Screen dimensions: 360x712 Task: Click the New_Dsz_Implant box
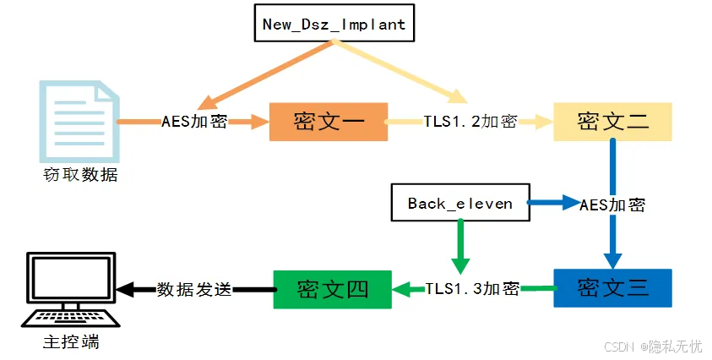pyautogui.click(x=334, y=24)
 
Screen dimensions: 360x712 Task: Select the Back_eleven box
pyautogui.click(x=459, y=203)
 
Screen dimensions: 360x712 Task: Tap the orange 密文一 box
pyautogui.click(x=329, y=122)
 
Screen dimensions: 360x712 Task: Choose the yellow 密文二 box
pyautogui.click(x=612, y=122)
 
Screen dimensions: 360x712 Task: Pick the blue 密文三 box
pyautogui.click(x=612, y=287)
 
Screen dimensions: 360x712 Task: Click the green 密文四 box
pyautogui.click(x=332, y=288)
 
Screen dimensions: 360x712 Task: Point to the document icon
pyautogui.click(x=77, y=119)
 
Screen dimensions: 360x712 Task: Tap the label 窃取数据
pyautogui.click(x=79, y=175)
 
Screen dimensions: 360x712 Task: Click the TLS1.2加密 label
pyautogui.click(x=470, y=122)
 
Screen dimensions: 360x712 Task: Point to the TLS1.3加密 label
pyautogui.click(x=472, y=288)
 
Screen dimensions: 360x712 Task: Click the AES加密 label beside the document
pyautogui.click(x=194, y=122)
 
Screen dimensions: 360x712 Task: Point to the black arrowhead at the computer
pyautogui.click(x=126, y=289)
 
